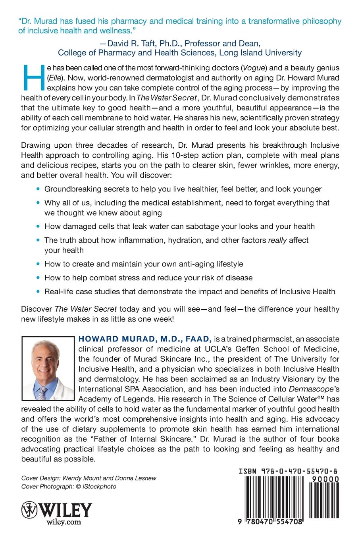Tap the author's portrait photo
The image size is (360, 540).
coord(48,368)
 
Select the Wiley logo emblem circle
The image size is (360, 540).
coord(29,509)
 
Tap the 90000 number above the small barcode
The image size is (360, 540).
coord(325,479)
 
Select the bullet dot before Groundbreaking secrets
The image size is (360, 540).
coord(38,189)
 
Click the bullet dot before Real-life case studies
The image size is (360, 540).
coord(38,291)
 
